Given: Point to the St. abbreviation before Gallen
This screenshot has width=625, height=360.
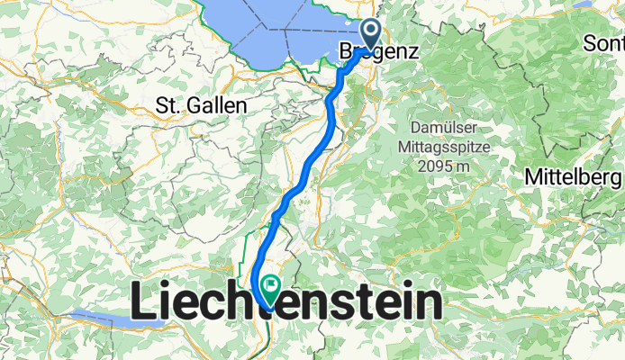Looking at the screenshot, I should [x=168, y=105].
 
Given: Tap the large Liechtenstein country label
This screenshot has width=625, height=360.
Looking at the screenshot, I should [x=287, y=302].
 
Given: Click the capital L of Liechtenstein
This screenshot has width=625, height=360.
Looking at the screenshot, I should [x=144, y=302].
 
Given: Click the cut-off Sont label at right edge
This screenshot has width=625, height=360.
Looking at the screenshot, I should [x=605, y=43].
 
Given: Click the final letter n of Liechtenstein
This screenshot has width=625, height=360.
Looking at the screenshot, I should [x=429, y=302].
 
